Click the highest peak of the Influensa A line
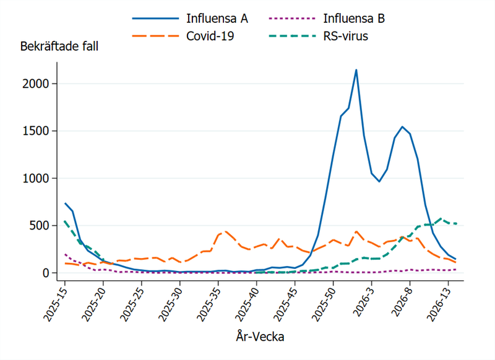coord(356,70)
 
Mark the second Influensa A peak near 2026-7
coord(402,127)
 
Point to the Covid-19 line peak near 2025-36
coord(226,231)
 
